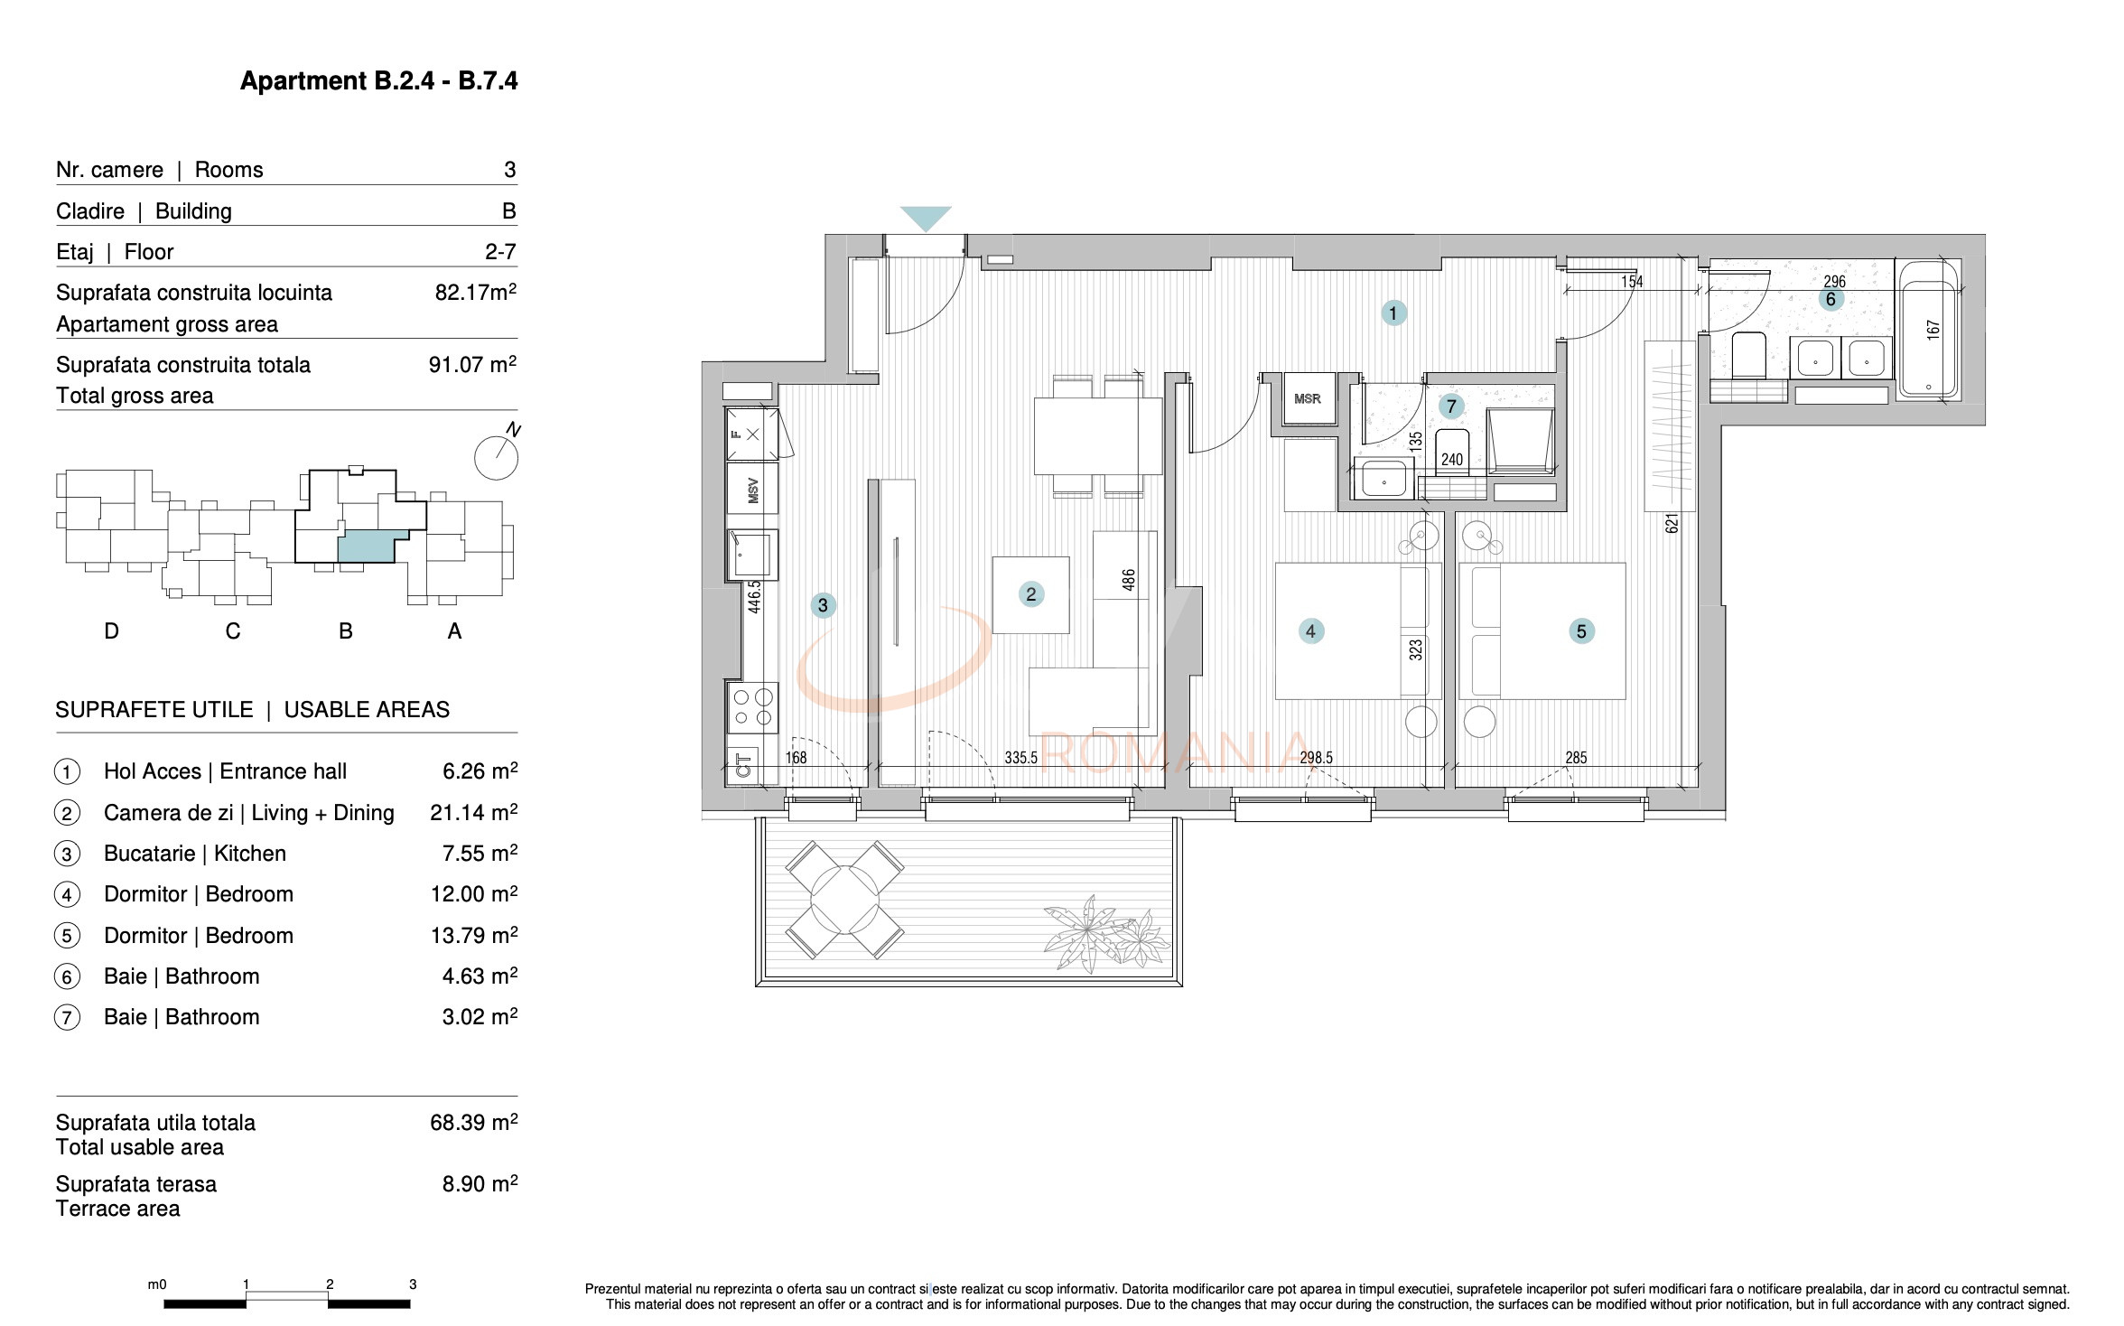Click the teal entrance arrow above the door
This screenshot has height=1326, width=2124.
[x=926, y=218]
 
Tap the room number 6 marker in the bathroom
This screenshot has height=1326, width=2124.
[x=1831, y=300]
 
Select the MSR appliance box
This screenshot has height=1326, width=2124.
[x=1307, y=398]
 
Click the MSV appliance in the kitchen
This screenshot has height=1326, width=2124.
[x=752, y=491]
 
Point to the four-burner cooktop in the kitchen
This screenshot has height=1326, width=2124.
[x=752, y=707]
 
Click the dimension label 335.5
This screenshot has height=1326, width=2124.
[x=1021, y=758]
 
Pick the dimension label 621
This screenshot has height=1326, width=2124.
[x=1672, y=523]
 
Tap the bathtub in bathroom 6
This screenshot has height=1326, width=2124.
[x=1928, y=330]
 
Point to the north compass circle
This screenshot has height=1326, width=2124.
[x=496, y=459]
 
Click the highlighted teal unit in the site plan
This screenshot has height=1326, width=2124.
[x=366, y=547]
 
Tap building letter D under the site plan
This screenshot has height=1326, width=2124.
[x=112, y=631]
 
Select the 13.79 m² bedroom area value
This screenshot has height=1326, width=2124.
[x=473, y=936]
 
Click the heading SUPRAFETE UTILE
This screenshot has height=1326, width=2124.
[x=154, y=710]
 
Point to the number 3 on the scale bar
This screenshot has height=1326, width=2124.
[x=413, y=1284]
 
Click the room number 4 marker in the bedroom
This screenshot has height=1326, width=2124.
[x=1311, y=631]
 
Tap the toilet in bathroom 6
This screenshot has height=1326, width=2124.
[x=1749, y=355]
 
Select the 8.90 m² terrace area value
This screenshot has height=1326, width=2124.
[x=479, y=1184]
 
